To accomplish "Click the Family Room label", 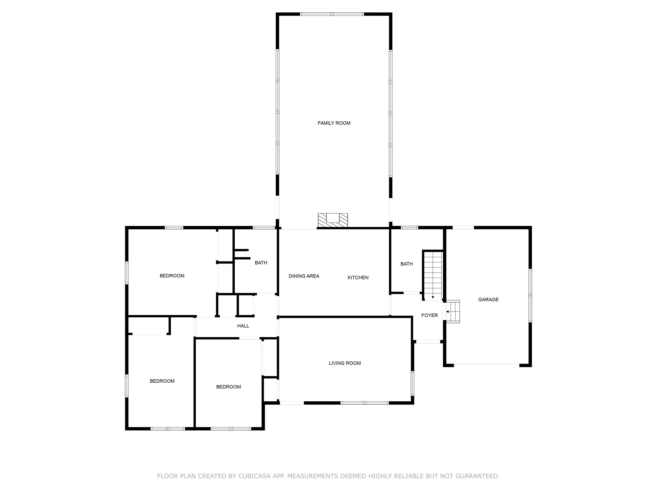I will point(334,123).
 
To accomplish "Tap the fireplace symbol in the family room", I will point(333,220).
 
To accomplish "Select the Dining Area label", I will point(304,276).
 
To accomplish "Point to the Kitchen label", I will point(358,278).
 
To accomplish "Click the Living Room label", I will point(345,363).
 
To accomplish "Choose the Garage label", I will point(488,300).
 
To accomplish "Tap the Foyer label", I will point(429,315).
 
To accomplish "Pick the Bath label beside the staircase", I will point(406,264).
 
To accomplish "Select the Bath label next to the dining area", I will point(261,263).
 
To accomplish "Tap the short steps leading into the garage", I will point(453,311).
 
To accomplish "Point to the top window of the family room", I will point(332,14).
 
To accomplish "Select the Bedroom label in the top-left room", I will point(172,276).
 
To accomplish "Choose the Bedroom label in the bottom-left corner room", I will point(162,381).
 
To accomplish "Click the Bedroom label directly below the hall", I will point(228,387).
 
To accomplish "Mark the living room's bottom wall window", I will point(364,403).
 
